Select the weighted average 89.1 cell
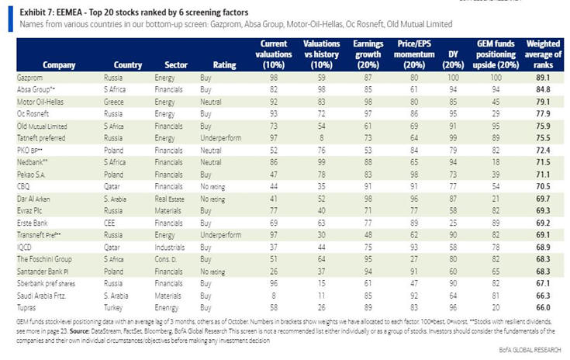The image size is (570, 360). [543, 79]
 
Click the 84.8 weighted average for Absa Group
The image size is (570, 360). [543, 90]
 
